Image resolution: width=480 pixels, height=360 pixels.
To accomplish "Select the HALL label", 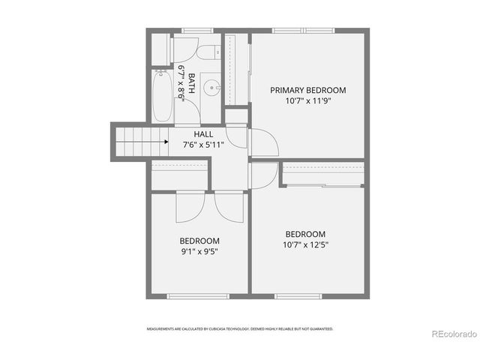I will [203, 134].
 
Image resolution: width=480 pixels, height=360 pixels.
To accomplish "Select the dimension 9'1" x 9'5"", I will [199, 251].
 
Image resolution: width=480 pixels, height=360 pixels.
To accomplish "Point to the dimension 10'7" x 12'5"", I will [306, 244].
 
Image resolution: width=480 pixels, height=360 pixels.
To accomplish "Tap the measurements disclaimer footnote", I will [240, 328].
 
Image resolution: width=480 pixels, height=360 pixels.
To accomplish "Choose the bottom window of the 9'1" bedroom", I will [187, 296].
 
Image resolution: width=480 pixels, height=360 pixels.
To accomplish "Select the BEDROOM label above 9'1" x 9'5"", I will [199, 241].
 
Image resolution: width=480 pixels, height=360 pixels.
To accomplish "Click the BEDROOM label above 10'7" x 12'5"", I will [306, 233].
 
